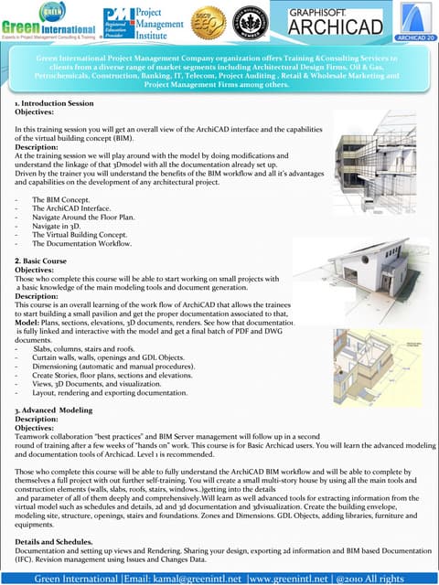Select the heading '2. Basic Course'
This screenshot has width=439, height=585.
pyautogui.click(x=40, y=261)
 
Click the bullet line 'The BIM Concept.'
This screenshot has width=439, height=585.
pyautogui.click(x=60, y=198)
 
